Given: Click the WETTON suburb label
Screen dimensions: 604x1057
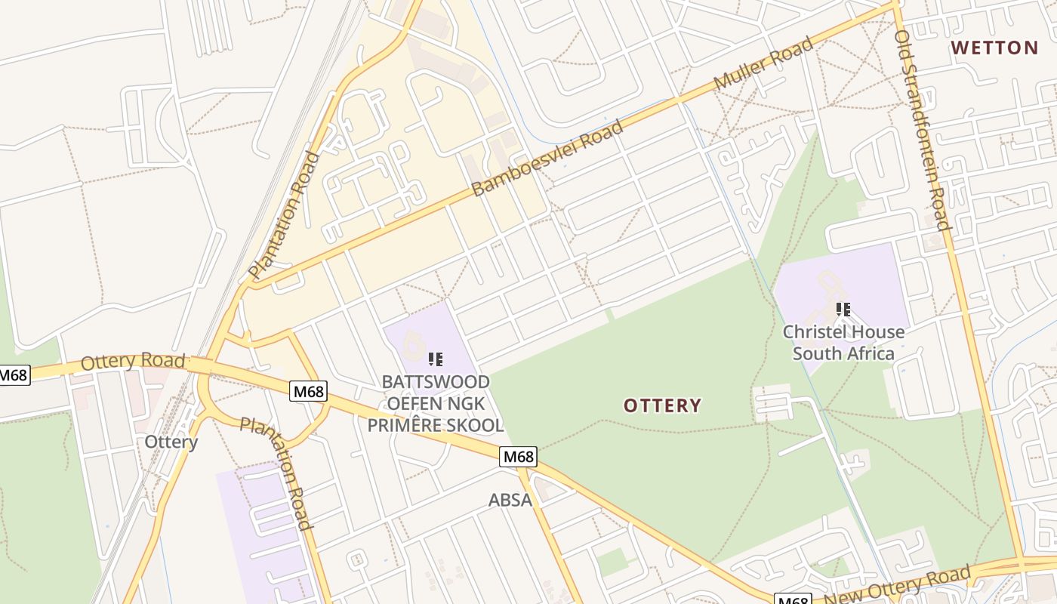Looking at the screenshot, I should [994, 48].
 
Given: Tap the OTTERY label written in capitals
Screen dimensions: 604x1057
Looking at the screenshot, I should [662, 405].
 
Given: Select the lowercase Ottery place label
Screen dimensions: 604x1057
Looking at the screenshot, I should [171, 442].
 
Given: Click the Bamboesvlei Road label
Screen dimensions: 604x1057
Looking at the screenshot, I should [548, 158].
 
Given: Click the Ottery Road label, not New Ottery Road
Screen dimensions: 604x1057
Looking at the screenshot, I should [133, 362].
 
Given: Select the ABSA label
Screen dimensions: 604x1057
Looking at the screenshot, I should [510, 500].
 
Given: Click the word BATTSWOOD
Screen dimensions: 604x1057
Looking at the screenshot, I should [436, 381].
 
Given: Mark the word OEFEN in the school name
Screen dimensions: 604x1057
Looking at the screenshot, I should [413, 403].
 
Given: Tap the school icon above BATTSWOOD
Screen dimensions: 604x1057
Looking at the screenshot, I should [436, 359].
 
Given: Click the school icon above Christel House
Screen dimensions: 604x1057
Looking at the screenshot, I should [843, 310].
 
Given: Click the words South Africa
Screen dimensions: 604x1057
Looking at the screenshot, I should [843, 353].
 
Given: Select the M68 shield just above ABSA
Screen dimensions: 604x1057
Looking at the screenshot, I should [519, 456].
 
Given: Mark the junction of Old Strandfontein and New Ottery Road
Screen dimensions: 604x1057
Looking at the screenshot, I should [1022, 562].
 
